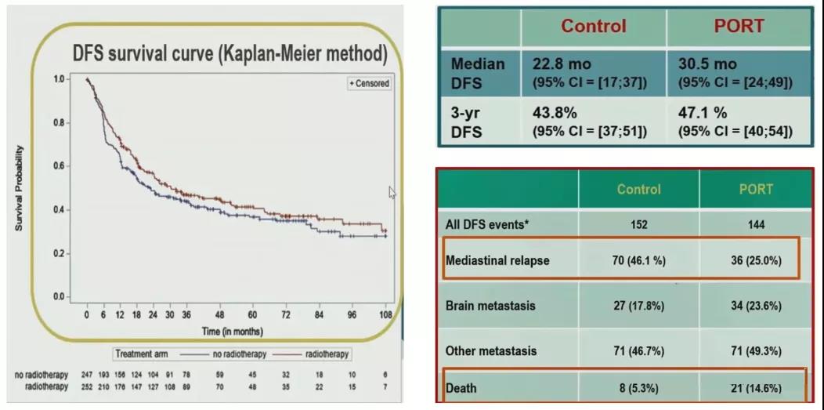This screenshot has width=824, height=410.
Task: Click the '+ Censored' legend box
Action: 368,84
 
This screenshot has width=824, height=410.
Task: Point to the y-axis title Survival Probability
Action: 18,188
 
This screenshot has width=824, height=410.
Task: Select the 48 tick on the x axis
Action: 220,315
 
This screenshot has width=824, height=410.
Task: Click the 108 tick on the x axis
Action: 385,315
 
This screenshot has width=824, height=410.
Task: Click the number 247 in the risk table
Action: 87,376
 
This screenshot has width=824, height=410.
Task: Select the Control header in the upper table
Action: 593,26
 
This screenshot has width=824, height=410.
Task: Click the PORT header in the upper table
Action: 738,26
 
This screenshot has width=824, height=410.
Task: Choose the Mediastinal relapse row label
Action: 497,261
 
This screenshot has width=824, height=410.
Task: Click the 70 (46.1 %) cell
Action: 638,261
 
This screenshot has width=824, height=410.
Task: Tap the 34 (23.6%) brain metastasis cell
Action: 755,305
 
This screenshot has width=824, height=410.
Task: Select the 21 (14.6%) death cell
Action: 755,387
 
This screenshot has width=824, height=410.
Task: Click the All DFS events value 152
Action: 638,224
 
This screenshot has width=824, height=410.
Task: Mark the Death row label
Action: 461,387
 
